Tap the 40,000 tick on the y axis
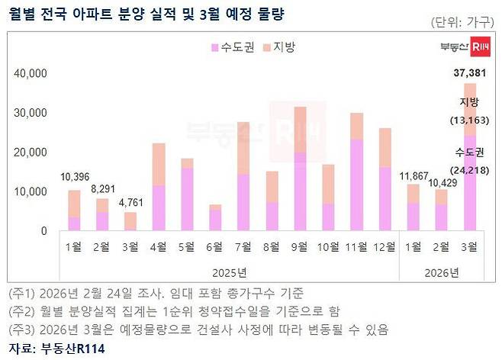click(x=31, y=74)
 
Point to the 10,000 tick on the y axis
click(x=31, y=191)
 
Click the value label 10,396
click(x=74, y=178)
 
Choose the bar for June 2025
click(x=216, y=217)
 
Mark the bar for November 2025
click(x=356, y=172)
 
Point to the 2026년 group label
click(x=440, y=272)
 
